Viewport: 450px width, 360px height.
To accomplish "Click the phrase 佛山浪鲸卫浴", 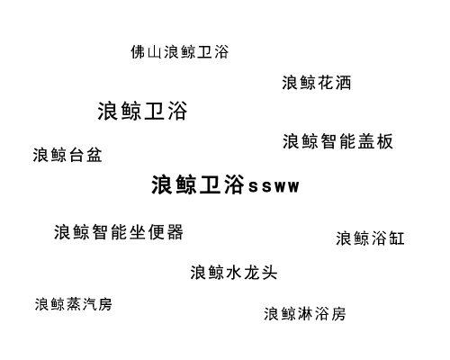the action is tap(180, 52).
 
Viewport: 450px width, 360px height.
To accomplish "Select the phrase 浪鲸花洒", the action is tap(317, 83).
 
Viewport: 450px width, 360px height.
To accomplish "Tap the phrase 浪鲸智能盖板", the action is tap(337, 141).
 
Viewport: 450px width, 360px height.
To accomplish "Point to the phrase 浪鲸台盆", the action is tap(67, 155).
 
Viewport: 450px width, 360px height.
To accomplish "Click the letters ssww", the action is tap(274, 186).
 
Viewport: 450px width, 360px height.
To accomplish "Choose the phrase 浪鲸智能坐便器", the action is tap(119, 232).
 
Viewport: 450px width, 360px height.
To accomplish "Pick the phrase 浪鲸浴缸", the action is tap(370, 238).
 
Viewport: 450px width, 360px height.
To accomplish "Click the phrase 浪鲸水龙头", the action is tap(234, 273).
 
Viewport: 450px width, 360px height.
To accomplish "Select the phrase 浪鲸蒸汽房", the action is tap(74, 304).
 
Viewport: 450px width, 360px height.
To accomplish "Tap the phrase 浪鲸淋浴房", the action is tap(305, 314).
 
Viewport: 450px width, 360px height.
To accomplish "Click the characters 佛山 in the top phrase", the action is tap(147, 52).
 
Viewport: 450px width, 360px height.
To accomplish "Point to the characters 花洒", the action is tap(334, 83).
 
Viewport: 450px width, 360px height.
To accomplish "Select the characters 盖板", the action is tap(375, 141).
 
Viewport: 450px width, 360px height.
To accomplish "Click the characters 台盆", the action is tap(85, 155).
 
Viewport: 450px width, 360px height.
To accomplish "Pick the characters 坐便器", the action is tap(157, 232).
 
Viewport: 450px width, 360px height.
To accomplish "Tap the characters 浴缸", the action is tap(388, 238).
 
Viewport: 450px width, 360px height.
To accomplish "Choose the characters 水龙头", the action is tap(251, 273).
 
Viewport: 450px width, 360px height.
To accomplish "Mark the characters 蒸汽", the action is tap(82, 304).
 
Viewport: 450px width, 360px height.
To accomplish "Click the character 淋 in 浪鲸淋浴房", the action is tap(305, 314).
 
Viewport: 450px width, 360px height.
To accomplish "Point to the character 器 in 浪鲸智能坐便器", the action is tap(175, 232).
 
